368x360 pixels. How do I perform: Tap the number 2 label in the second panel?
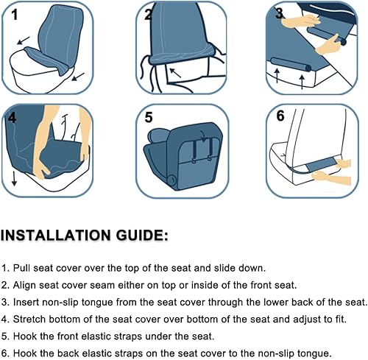click(x=149, y=14)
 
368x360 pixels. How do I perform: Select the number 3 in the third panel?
click(x=280, y=13)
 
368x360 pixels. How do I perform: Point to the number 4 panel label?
click(x=13, y=118)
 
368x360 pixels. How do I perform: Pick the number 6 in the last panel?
click(x=280, y=116)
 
